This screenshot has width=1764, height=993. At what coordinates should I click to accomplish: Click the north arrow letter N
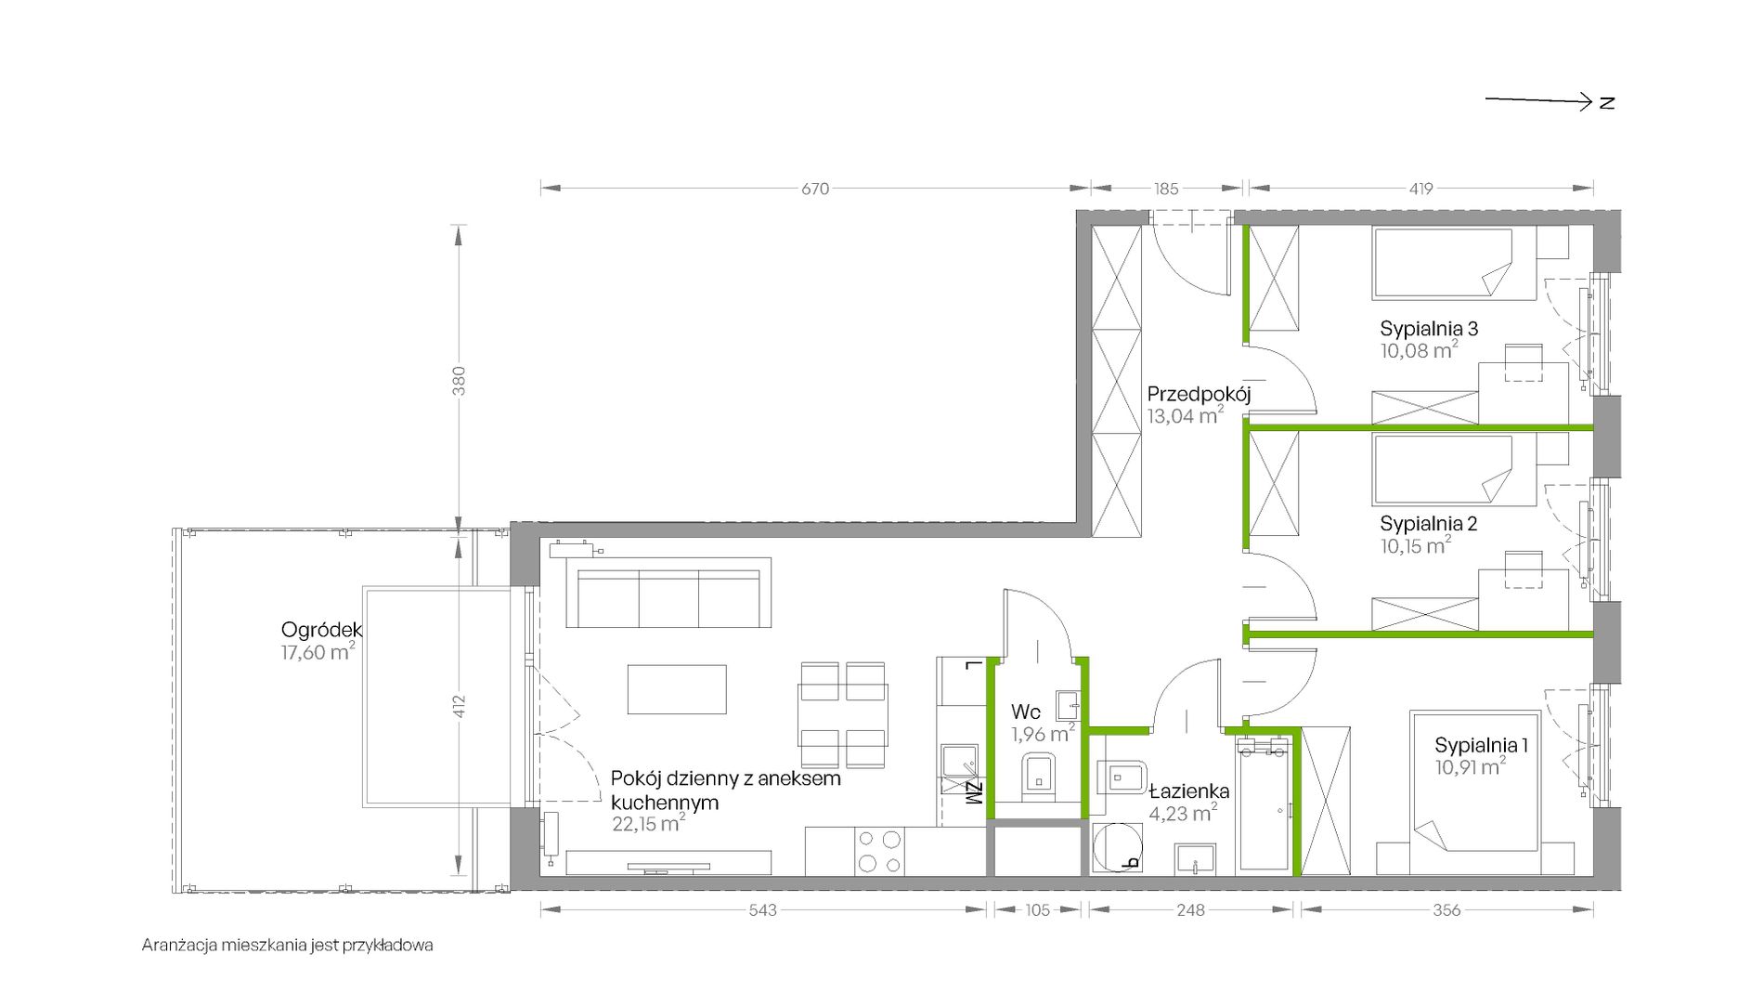(1607, 103)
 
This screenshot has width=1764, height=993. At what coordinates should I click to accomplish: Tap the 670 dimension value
(814, 189)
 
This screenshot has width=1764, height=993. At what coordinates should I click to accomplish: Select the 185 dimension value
(1166, 189)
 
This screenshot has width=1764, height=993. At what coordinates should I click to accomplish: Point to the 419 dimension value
(1420, 189)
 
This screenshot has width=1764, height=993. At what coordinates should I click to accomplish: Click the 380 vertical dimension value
(459, 381)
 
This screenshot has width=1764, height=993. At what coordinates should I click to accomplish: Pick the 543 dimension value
(762, 910)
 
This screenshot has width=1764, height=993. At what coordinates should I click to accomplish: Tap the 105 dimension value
(1038, 910)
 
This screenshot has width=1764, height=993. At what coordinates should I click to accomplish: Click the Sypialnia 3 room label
(1429, 328)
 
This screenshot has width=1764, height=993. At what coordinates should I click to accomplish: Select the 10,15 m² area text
(1416, 545)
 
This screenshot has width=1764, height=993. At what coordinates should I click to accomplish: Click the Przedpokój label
(1199, 394)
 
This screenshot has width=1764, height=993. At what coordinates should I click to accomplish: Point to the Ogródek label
(321, 630)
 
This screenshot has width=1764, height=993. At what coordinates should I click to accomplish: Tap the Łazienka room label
(1189, 791)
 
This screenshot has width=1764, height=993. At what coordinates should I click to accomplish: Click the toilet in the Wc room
(1039, 775)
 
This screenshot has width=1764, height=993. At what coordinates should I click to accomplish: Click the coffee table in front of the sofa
(677, 689)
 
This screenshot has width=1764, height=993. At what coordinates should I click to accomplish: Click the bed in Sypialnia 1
(1475, 792)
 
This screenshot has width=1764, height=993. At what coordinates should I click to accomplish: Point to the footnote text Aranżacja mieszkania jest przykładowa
(288, 946)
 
